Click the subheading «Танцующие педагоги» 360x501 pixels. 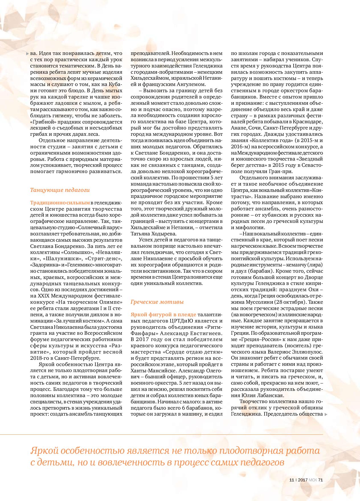click(x=60, y=190)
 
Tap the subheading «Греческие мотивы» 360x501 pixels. click(x=157, y=302)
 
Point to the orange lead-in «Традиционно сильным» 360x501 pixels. click(x=60, y=203)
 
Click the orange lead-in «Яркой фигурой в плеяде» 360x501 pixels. click(x=163, y=314)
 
